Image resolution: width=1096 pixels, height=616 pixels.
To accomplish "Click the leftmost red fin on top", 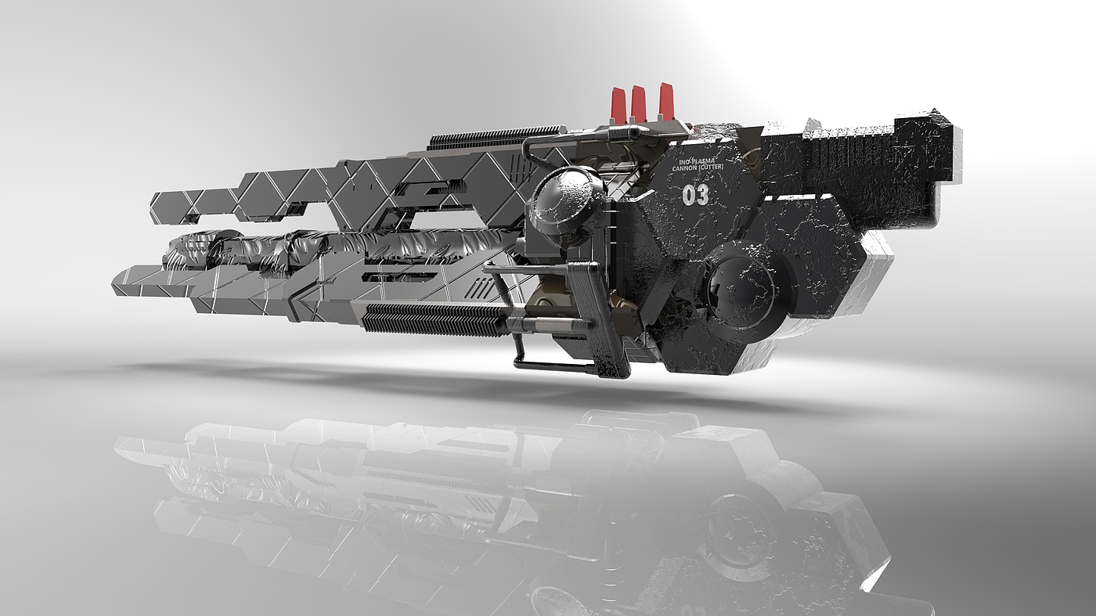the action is (x=618, y=103).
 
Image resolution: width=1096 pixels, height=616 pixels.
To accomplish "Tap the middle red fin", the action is (x=637, y=102).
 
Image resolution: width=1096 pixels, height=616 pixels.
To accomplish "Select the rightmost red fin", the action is (x=666, y=101).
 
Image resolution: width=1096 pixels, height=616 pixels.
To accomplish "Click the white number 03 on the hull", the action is (x=695, y=196).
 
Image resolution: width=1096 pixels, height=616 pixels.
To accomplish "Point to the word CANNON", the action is (x=686, y=168).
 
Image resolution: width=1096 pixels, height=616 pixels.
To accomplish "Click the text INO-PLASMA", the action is (x=698, y=160).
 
